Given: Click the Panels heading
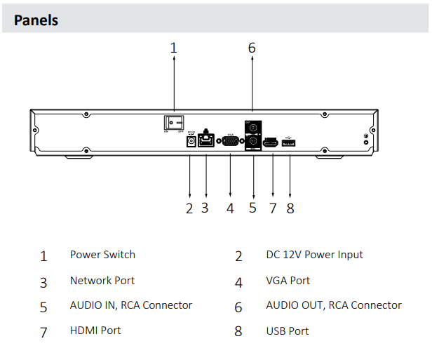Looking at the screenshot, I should coord(36,20).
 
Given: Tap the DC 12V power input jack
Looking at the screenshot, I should coord(189,142).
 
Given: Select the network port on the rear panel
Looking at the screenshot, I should coord(206,141).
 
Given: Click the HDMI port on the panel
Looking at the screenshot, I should coord(271,143).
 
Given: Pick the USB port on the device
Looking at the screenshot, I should coord(289,143).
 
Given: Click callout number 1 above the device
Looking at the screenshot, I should coord(174,48).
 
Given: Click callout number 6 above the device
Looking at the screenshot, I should coord(252,48).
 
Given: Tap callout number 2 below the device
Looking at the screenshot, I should coord(189,208).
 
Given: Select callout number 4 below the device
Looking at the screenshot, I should coord(230,208).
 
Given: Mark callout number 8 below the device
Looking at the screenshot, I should coord(290,208).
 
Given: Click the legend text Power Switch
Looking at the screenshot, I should coord(102,255).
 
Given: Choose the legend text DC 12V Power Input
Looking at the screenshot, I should coord(314,255).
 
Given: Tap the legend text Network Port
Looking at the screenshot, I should coord(102,280).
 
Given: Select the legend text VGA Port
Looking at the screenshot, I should coord(288,280).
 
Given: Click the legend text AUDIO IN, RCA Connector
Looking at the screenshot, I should coord(130,305).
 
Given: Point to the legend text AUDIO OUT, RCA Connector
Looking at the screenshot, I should coord(333,305).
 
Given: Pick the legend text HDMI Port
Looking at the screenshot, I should coord(96,331).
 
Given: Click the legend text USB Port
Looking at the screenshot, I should coord(288,331).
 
